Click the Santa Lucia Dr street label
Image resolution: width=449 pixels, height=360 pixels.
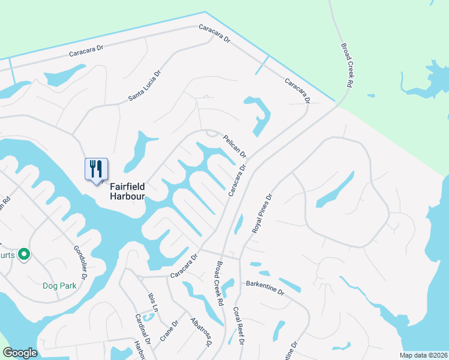click(x=145, y=87)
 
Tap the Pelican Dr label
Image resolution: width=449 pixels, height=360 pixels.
click(x=235, y=146)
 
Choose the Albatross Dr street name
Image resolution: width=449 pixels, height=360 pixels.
click(x=200, y=332)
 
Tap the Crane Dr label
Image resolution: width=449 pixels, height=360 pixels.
click(x=170, y=331)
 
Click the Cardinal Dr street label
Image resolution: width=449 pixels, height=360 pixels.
click(x=142, y=329)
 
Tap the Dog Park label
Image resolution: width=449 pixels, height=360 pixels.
click(x=59, y=286)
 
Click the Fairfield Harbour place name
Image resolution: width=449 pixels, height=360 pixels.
click(x=127, y=191)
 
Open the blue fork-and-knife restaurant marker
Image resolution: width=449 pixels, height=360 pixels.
click(x=96, y=170)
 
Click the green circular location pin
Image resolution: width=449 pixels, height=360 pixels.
click(x=24, y=255)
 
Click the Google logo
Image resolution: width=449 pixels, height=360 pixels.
click(x=20, y=353)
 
